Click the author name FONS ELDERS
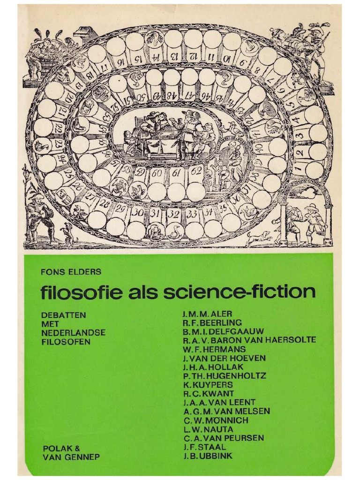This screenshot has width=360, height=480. click(71, 272)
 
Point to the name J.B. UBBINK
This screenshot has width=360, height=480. click(208, 456)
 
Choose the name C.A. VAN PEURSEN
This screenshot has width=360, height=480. click(223, 438)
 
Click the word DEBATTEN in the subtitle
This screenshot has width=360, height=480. click(64, 315)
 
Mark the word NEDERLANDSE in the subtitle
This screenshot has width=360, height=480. click(73, 332)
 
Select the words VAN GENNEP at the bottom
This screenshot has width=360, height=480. click(71, 457)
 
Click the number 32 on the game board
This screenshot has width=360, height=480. click(174, 214)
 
